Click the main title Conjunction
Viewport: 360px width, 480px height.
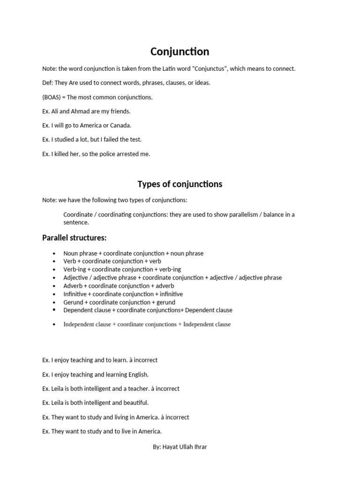(x=180, y=52)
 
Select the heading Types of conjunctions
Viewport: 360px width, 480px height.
(x=180, y=184)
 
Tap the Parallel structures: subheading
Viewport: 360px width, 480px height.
(x=75, y=238)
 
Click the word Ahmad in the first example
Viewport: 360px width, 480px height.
(x=83, y=112)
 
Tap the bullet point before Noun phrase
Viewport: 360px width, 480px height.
(x=55, y=254)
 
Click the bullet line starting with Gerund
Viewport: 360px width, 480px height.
(x=119, y=302)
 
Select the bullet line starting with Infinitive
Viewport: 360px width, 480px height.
(x=123, y=294)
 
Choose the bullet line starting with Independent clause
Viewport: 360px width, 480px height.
(x=147, y=324)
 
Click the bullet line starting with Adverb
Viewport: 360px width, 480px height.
(x=119, y=286)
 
